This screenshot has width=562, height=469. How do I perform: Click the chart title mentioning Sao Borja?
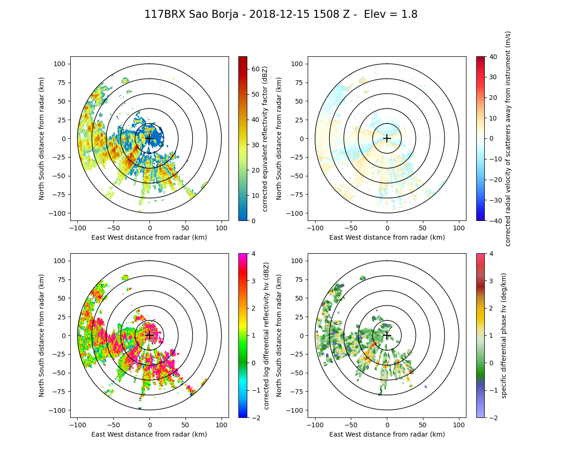click(x=281, y=15)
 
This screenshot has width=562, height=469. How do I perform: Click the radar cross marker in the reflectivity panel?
click(x=149, y=138)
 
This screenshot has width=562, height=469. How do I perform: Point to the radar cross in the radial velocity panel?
click(x=387, y=138)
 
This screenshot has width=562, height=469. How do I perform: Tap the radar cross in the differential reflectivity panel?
click(x=149, y=335)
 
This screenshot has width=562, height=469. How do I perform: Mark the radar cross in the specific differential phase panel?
click(x=387, y=335)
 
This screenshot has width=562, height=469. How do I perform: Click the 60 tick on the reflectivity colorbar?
click(x=253, y=69)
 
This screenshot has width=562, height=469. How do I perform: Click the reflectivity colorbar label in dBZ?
click(x=265, y=138)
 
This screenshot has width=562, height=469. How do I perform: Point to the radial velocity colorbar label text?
click(x=508, y=138)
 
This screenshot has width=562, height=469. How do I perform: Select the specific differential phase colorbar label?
click(x=504, y=335)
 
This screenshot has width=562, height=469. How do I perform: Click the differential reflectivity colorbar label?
click(x=266, y=335)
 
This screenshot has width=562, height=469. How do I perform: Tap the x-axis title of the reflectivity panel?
click(x=149, y=237)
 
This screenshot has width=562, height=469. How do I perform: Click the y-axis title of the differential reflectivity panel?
click(x=42, y=335)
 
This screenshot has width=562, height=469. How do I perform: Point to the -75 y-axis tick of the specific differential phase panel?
click(x=298, y=392)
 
